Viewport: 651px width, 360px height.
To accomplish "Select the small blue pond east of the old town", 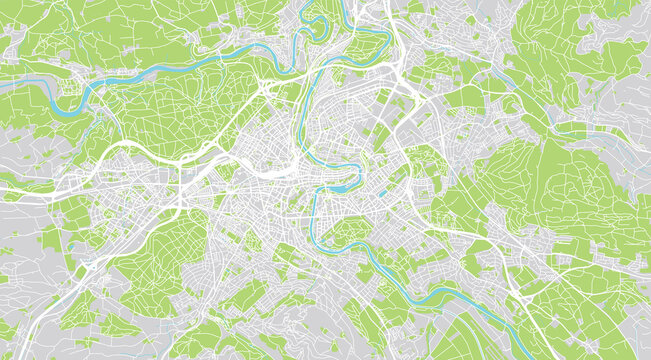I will (x=382, y=193).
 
